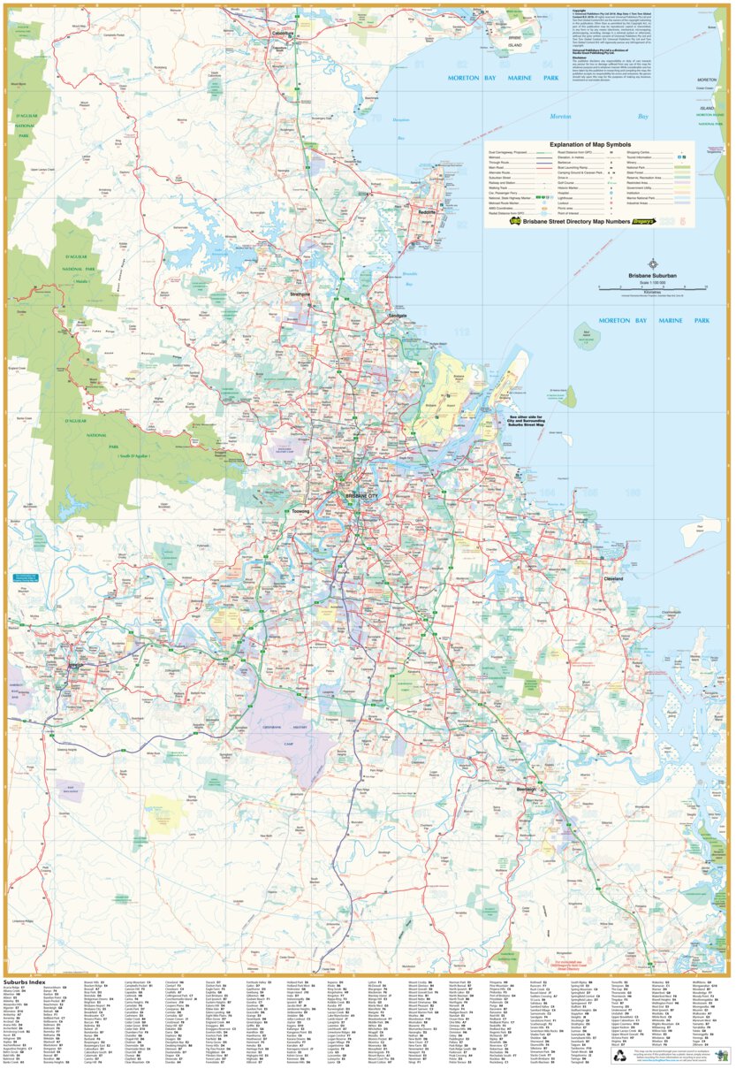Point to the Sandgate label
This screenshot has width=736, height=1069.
pos(398,316)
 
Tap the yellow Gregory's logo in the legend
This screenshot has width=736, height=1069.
pos(639,222)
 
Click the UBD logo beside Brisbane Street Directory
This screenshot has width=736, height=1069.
pos(513,222)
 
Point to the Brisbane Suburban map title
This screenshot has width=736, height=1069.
pos(652,276)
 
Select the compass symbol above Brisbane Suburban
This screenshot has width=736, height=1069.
pos(652,263)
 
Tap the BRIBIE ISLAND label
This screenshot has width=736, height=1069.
pos(516,42)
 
